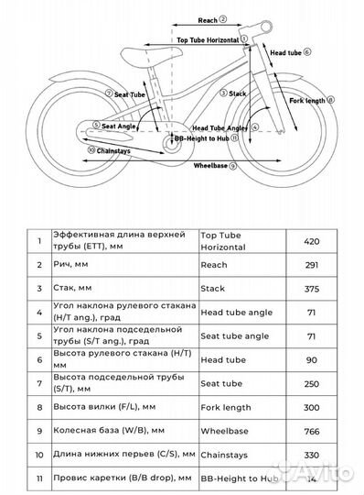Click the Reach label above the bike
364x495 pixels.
(x=208, y=18)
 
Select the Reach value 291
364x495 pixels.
(x=313, y=265)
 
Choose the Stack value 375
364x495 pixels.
(x=313, y=288)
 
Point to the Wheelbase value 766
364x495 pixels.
(x=313, y=430)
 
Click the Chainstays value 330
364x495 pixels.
(x=313, y=454)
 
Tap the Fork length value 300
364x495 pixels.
(x=313, y=406)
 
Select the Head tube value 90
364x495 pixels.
(x=313, y=358)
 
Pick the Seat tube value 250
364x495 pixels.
(x=313, y=382)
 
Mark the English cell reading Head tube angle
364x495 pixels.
(x=234, y=312)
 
